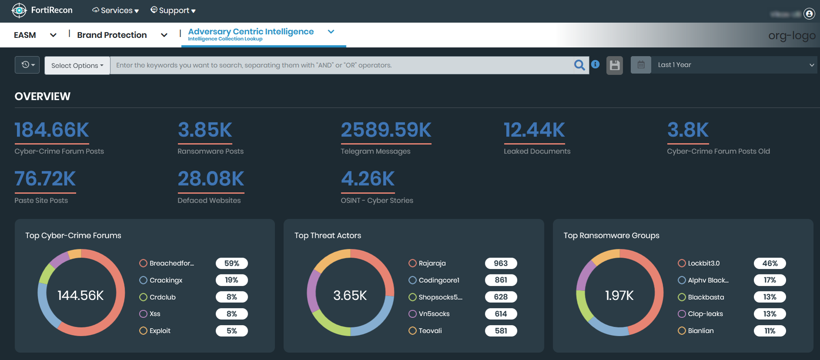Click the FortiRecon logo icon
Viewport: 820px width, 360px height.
pyautogui.click(x=19, y=10)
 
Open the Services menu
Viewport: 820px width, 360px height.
pyautogui.click(x=116, y=10)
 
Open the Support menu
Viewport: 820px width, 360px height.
pyautogui.click(x=173, y=10)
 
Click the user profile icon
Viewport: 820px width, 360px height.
pyautogui.click(x=809, y=14)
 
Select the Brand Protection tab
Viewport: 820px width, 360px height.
pyautogui.click(x=112, y=35)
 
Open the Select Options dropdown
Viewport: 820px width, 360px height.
pyautogui.click(x=77, y=66)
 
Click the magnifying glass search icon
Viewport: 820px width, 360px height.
pyautogui.click(x=579, y=65)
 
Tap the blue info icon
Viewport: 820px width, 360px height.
pyautogui.click(x=595, y=64)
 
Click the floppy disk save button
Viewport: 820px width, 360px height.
pyautogui.click(x=614, y=65)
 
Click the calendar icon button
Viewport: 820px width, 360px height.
pyautogui.click(x=641, y=65)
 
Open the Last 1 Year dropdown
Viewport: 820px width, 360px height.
pyautogui.click(x=735, y=65)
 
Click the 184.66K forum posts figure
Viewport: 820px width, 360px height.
pyautogui.click(x=52, y=130)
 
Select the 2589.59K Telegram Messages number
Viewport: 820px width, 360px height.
pyautogui.click(x=386, y=130)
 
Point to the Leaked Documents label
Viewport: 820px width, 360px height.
pyautogui.click(x=537, y=151)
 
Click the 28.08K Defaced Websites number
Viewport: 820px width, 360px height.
pyautogui.click(x=211, y=179)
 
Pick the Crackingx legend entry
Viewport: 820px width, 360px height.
pyautogui.click(x=166, y=280)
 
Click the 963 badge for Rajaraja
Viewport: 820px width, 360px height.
pyautogui.click(x=500, y=263)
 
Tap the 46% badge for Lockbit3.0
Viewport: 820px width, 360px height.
pyautogui.click(x=770, y=263)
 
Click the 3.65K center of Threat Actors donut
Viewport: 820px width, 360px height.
pyautogui.click(x=350, y=296)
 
